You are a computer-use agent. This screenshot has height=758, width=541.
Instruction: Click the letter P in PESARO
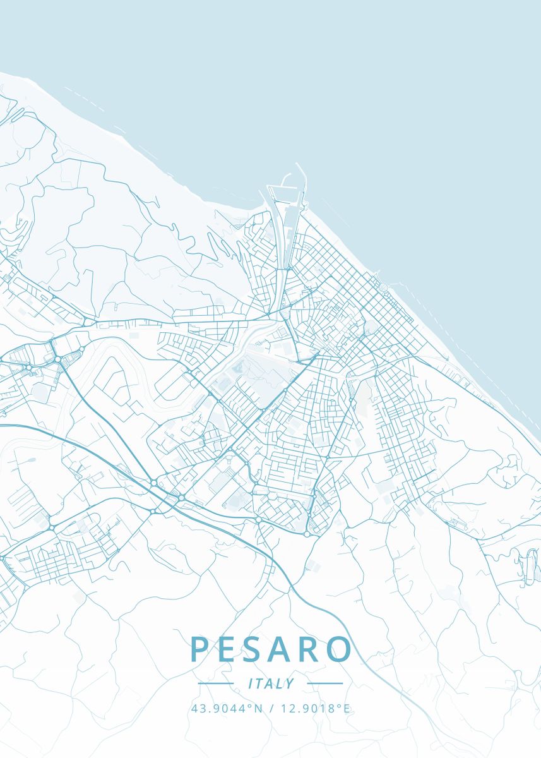[200, 650]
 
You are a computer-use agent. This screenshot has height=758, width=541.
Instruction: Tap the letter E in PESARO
[228, 650]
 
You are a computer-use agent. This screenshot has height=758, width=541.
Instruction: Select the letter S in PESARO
[254, 650]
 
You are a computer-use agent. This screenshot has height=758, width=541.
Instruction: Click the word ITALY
[271, 683]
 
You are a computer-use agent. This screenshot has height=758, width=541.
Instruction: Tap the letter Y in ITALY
[290, 683]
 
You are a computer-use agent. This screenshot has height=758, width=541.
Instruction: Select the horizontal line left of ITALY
[216, 683]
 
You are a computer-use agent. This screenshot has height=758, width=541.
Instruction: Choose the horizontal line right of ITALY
[324, 683]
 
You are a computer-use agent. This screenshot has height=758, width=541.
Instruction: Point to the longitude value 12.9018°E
[314, 708]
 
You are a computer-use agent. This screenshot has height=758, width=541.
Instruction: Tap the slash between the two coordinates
[271, 708]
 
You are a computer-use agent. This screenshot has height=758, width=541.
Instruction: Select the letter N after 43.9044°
[258, 708]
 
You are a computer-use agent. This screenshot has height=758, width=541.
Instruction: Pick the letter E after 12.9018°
[346, 708]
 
